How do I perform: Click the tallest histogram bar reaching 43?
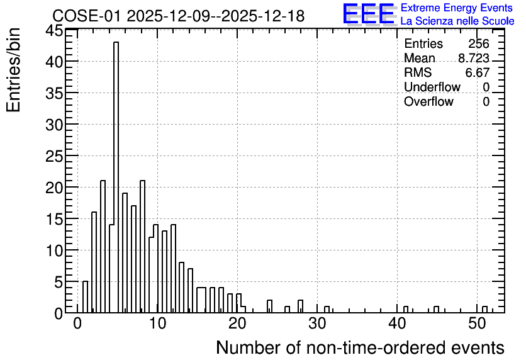pos(116,177)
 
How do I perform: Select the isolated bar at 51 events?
pos(484,310)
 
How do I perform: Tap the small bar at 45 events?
pos(437,310)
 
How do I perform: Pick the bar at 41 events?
pos(406,310)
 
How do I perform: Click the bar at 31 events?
pos(327,310)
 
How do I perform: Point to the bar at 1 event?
pos(85,297)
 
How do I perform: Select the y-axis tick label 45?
pos(54,31)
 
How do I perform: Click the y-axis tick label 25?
pos(54,156)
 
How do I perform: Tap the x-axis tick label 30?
pos(317,323)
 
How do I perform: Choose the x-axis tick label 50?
pos(478,323)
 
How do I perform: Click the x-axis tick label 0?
pos(77,323)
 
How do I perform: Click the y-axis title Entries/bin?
pos(13,70)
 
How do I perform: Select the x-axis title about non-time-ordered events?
pos(361,347)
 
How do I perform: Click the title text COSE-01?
pos(86,16)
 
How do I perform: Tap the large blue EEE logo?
pos(369,14)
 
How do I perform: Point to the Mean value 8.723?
pos(474,58)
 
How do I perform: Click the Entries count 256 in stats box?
pos(479,43)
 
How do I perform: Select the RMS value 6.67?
pos(478,72)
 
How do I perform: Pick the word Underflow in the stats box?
pos(432,87)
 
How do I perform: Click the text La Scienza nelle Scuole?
pos(457,21)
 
